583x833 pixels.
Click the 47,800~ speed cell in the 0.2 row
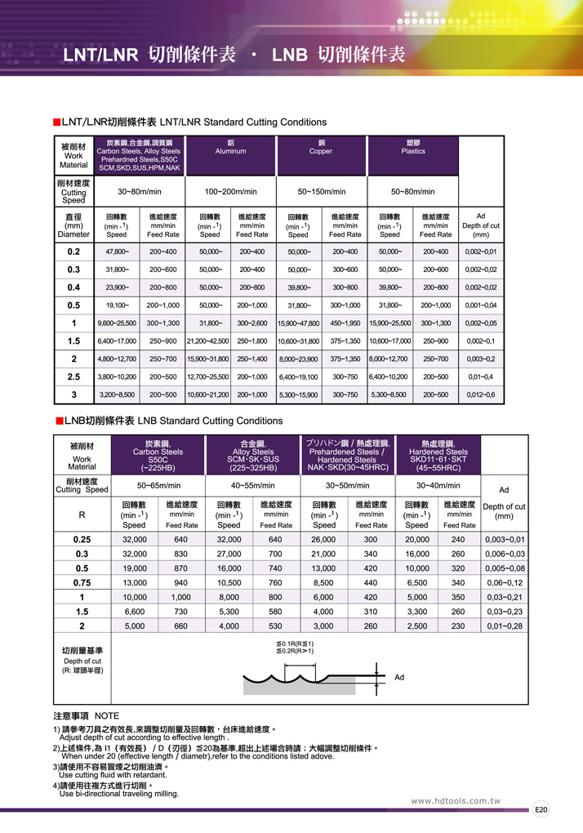[x=118, y=252]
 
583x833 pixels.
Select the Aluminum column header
[x=230, y=151]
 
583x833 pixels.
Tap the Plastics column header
[x=413, y=151]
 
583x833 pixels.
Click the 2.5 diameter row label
[x=73, y=376]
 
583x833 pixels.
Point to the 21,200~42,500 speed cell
[x=207, y=341]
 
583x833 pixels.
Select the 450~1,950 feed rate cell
[x=345, y=323]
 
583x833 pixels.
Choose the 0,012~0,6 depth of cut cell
[x=479, y=394]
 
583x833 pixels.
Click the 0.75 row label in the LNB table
[x=82, y=582]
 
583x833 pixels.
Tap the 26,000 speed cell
[x=323, y=539]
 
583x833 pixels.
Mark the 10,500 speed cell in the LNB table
[x=229, y=582]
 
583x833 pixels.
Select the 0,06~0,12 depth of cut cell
[x=504, y=582]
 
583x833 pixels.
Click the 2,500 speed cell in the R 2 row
[x=418, y=626]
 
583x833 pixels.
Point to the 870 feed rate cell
[x=181, y=568]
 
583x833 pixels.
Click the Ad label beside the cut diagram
[x=399, y=677]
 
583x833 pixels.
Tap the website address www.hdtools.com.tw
[x=455, y=801]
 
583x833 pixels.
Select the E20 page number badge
[x=541, y=810]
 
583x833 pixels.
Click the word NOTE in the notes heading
[x=107, y=715]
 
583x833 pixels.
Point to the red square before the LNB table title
[x=57, y=421]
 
